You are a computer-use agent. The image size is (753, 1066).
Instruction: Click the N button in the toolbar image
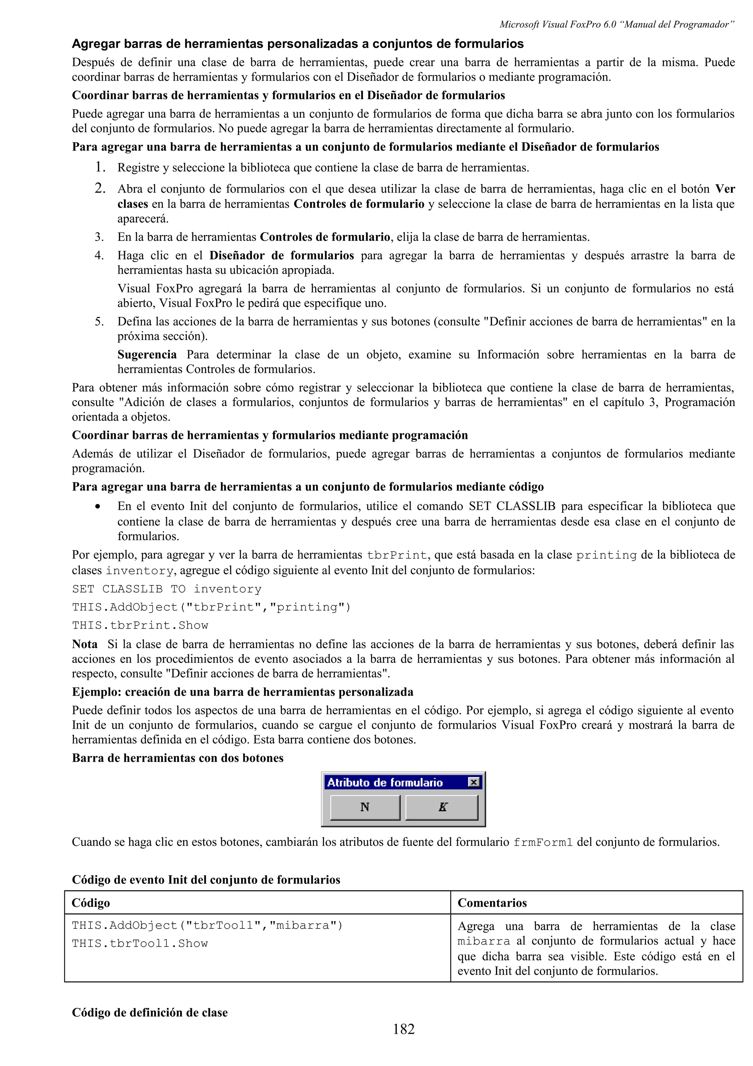click(365, 807)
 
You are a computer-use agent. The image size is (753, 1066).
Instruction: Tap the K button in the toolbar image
click(442, 807)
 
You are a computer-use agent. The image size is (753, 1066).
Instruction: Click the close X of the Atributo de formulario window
click(473, 782)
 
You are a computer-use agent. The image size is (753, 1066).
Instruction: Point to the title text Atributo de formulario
click(385, 783)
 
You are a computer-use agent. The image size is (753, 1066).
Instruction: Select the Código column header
click(91, 903)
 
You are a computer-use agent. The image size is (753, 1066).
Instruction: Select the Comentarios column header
click(492, 903)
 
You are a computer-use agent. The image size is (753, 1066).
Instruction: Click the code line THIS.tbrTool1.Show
click(140, 944)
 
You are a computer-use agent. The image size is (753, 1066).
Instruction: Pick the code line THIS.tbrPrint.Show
click(140, 625)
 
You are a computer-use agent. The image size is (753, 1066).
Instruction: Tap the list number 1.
click(99, 167)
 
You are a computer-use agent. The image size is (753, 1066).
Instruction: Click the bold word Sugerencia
click(147, 355)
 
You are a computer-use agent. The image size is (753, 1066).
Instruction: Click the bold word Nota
click(85, 644)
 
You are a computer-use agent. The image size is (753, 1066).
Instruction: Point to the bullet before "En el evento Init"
click(97, 507)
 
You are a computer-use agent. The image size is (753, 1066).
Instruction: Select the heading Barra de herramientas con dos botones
click(178, 758)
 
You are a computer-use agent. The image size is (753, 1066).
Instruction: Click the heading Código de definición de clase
click(149, 1012)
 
